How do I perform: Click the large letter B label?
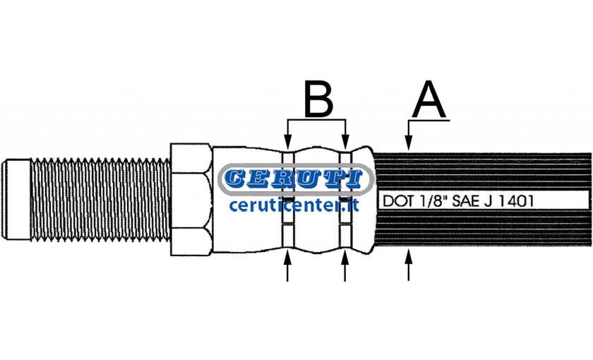[319, 98]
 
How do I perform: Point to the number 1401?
[516, 200]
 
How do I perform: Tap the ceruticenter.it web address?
[294, 205]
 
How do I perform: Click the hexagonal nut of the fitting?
[190, 199]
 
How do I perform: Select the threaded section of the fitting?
[100, 199]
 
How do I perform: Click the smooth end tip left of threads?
[16, 199]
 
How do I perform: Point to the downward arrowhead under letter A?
[409, 145]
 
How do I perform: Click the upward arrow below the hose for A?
[409, 265]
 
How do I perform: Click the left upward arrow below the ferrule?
[288, 266]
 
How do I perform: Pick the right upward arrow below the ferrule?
[345, 266]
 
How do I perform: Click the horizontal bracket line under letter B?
[316, 120]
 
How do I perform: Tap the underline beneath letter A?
[429, 121]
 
